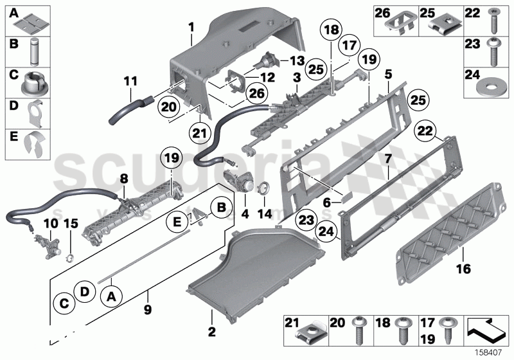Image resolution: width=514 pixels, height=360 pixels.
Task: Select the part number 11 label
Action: click(130, 82)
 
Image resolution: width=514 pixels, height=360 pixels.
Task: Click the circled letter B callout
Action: click(219, 207)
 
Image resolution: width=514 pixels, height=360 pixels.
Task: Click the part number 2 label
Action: click(212, 316)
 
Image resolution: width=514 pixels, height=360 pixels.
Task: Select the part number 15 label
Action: click(71, 224)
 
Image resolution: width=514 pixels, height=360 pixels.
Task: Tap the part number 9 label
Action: click(147, 296)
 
